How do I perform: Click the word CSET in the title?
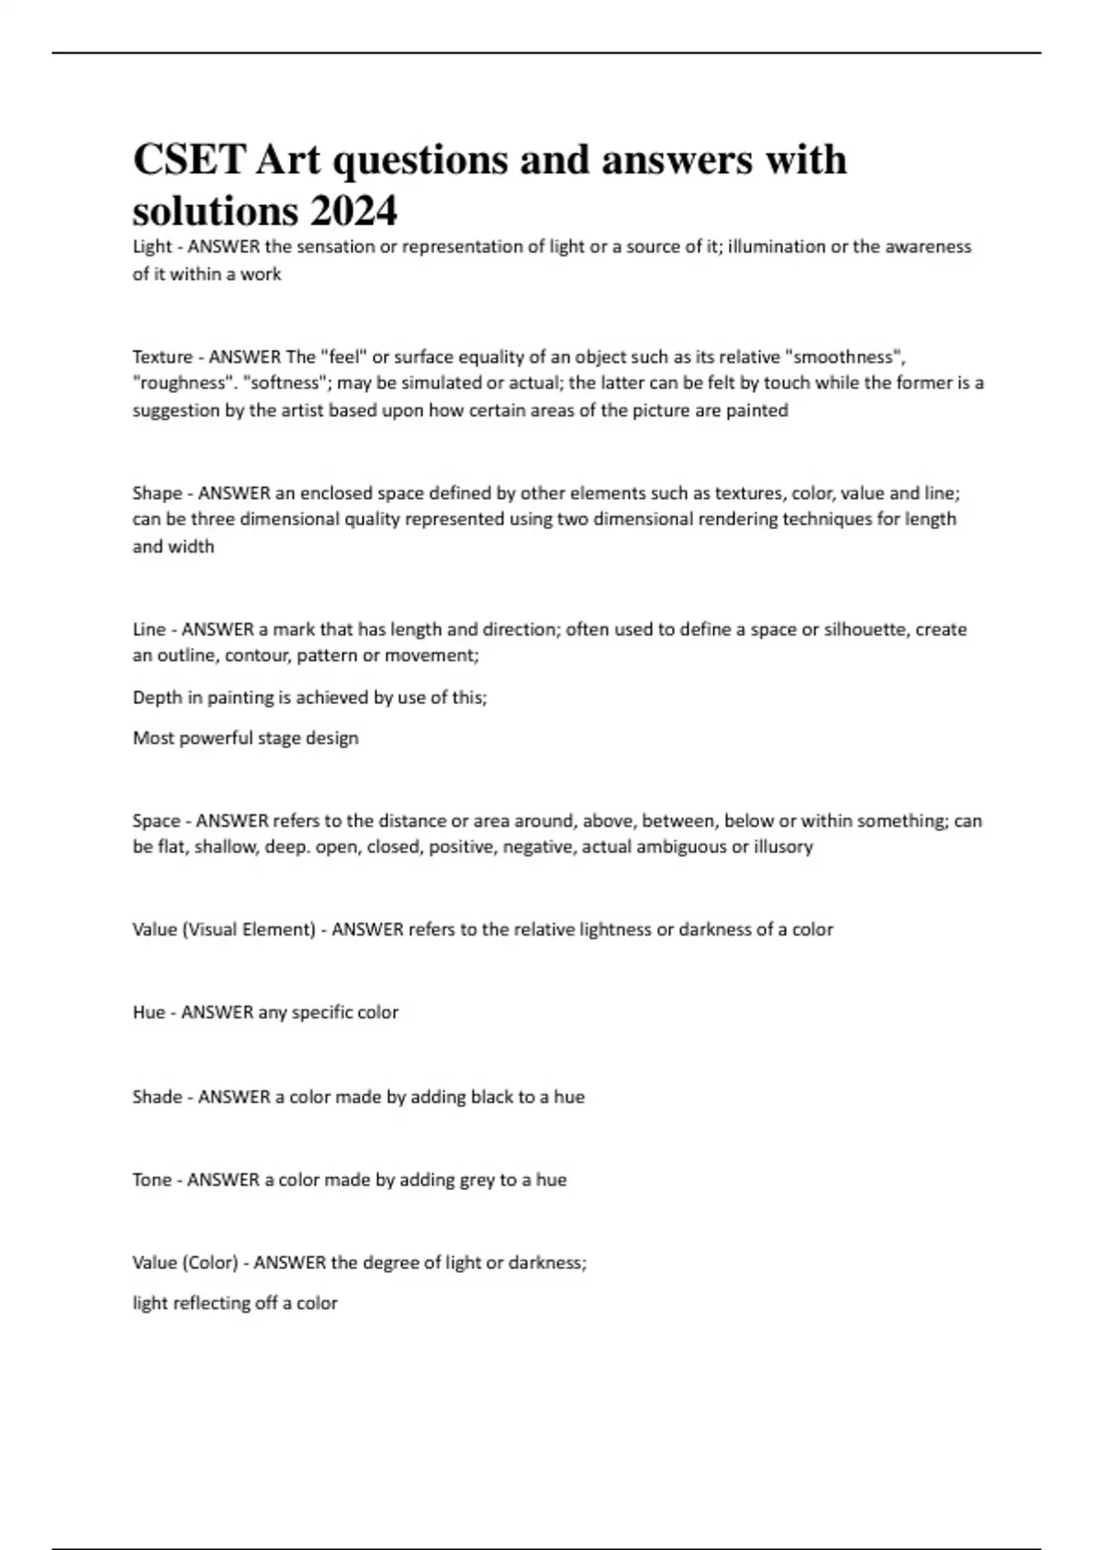click(189, 160)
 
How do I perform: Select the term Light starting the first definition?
click(151, 246)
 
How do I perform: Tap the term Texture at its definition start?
click(162, 356)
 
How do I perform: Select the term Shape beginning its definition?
click(157, 493)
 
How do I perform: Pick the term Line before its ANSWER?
click(149, 629)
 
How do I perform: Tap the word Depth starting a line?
click(157, 697)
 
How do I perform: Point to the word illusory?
click(783, 846)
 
